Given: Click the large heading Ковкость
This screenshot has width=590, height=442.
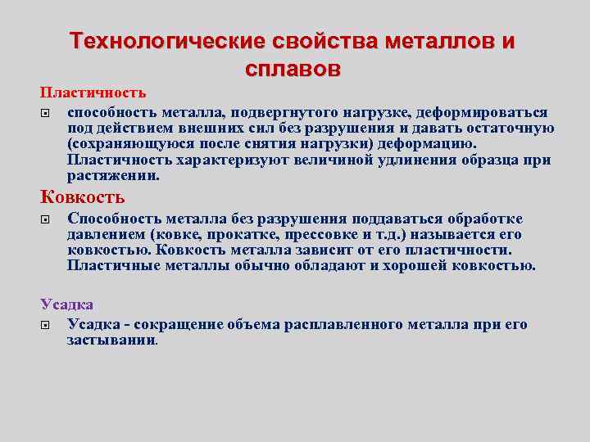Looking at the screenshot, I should click(83, 196).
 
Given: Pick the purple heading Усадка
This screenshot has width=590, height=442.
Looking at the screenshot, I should click(67, 304).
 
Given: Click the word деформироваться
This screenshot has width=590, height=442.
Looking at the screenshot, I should click(483, 112).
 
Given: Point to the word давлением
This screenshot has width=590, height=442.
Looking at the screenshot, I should click(103, 235).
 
